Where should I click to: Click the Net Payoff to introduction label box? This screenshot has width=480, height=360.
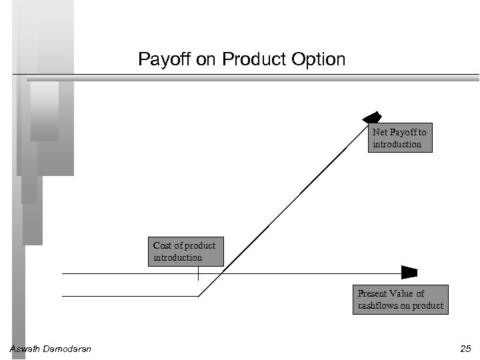(x=399, y=138)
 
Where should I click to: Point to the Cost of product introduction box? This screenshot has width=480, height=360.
(x=185, y=251)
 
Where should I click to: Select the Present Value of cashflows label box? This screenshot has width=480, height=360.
(x=401, y=299)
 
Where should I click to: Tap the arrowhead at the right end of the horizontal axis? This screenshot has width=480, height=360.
(x=409, y=273)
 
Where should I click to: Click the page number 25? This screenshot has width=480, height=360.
(x=465, y=349)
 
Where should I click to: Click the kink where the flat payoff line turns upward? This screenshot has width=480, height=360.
(x=199, y=296)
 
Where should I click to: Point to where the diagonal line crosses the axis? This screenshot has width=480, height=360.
(x=221, y=273)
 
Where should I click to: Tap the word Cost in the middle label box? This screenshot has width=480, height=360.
(x=163, y=245)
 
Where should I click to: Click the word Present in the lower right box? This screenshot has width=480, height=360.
(x=372, y=293)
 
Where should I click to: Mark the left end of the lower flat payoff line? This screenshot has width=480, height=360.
(x=63, y=296)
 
